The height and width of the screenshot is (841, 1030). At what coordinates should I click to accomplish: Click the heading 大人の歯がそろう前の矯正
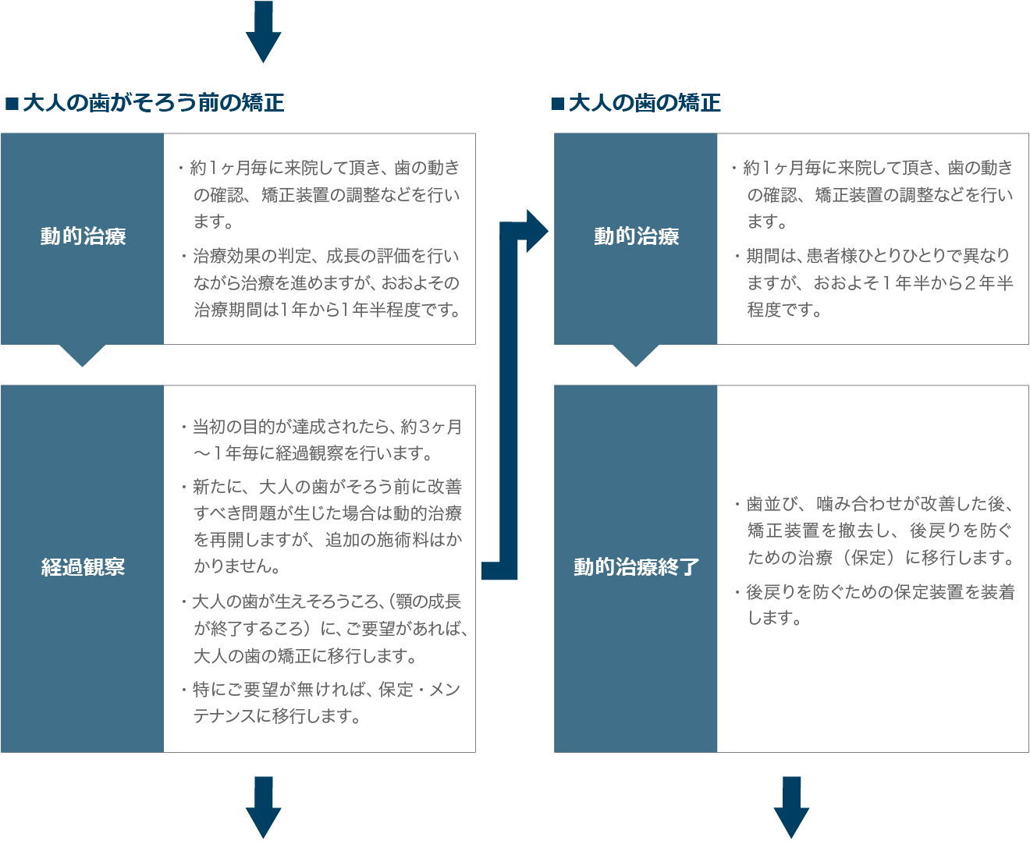154,103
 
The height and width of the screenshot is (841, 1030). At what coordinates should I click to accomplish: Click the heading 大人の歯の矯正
645,103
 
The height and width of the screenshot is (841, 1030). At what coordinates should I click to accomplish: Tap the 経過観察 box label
83,567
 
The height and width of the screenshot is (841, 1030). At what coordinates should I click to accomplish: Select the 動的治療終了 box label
637,567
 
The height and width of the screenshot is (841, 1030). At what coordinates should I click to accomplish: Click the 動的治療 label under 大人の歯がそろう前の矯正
83,236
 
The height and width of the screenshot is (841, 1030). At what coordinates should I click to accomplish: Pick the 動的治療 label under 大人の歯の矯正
637,236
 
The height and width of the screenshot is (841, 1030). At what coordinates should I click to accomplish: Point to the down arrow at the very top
263,32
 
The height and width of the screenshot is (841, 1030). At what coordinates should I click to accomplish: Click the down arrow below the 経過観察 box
263,807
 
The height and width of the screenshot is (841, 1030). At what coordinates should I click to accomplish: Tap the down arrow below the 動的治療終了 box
791,807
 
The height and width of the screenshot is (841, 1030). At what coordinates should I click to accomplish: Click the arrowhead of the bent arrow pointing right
537,231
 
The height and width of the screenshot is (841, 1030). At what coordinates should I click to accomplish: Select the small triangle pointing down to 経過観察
83,356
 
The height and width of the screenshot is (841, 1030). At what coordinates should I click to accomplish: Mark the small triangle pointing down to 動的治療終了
636,356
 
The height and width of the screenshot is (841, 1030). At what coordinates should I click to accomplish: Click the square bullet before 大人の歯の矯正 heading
558,104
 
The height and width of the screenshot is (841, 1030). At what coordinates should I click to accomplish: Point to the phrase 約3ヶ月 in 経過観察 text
431,427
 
